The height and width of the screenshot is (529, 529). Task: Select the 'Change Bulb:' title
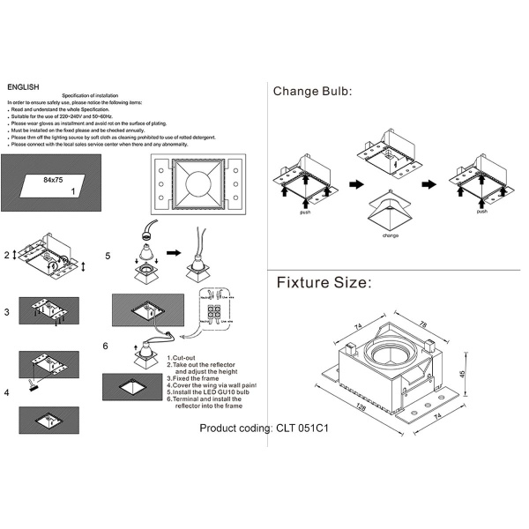coord(312,91)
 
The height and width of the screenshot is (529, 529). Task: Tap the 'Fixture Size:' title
coord(324,283)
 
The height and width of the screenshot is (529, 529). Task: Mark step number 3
coord(7,312)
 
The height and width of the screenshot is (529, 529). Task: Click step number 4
coord(7,391)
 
